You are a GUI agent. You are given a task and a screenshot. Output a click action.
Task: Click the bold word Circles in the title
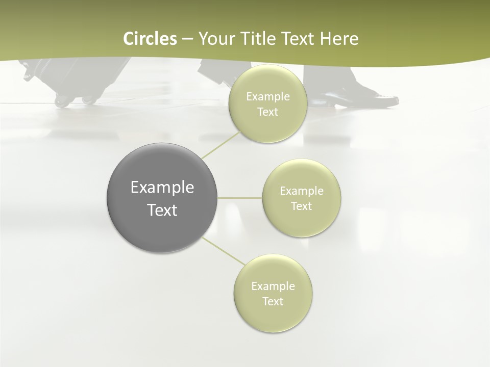tap(150, 39)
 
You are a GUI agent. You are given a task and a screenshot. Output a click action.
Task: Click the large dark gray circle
tap(162, 198)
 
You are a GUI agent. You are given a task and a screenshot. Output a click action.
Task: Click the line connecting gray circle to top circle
tap(220, 144)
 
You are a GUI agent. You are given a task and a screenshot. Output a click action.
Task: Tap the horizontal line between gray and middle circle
tap(240, 198)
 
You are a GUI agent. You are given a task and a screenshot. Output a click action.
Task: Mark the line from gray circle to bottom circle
tap(223, 251)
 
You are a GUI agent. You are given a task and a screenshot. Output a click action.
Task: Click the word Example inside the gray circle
tap(162, 188)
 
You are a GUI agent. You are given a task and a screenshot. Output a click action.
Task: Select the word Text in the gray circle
tap(162, 210)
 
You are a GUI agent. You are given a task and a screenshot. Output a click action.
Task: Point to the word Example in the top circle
tap(267, 97)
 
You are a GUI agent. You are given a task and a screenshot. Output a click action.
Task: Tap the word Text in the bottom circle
tap(273, 301)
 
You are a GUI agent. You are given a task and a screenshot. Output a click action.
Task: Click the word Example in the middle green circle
tap(301, 191)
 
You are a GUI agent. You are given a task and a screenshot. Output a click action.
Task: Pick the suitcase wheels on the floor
tap(74, 100)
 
